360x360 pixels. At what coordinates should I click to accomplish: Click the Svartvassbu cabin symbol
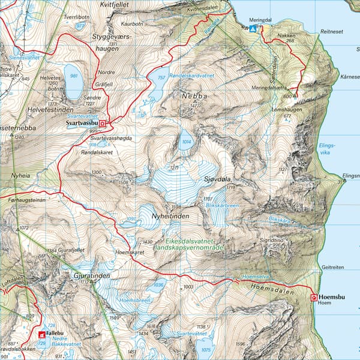click(x=102, y=124)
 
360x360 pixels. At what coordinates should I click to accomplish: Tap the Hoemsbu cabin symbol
click(x=313, y=297)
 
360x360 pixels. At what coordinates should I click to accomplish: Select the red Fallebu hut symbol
click(x=41, y=334)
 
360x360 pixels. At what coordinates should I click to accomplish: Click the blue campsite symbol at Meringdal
click(x=254, y=28)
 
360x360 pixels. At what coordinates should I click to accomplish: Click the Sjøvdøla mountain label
click(x=218, y=179)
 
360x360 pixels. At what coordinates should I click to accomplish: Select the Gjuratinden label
click(x=91, y=275)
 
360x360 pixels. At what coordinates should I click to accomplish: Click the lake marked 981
click(x=74, y=84)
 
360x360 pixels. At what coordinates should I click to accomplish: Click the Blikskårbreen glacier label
click(x=223, y=205)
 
